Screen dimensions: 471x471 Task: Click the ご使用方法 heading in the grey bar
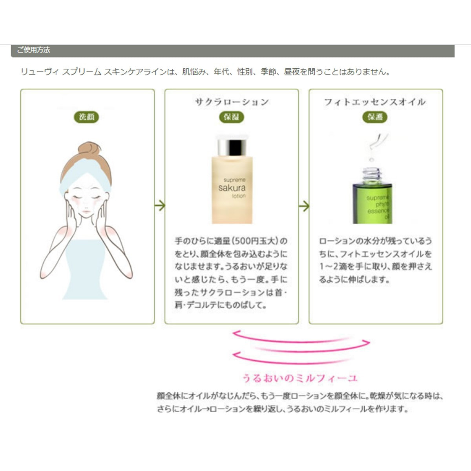[33, 50]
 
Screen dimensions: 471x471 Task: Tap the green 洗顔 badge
[86, 117]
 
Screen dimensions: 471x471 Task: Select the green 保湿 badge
[231, 117]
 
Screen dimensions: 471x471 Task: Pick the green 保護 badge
[375, 117]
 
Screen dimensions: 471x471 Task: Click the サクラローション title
[232, 102]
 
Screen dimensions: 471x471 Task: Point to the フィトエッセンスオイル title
[375, 102]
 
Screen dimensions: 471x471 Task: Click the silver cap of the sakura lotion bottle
[232, 146]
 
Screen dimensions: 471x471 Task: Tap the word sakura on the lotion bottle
[232, 188]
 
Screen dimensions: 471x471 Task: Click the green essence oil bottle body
[372, 203]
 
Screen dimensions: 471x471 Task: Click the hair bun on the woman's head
[89, 149]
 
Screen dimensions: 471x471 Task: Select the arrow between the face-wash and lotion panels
[160, 206]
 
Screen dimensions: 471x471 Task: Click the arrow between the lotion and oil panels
[304, 206]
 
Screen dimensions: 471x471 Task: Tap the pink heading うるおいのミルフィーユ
[300, 378]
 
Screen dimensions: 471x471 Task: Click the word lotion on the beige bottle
[239, 196]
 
